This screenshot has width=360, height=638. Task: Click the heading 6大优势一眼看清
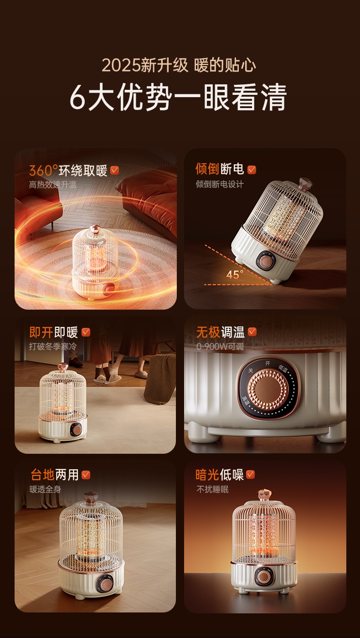coord(178,97)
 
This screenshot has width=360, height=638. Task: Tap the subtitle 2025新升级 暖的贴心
coord(179,65)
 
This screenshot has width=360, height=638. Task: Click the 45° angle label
coord(235,275)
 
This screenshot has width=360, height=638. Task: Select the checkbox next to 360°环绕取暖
coord(115,170)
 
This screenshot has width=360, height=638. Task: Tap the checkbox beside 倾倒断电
coord(252,170)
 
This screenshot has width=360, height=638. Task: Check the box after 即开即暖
coord(86,332)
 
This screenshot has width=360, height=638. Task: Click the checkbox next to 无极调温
coord(252,332)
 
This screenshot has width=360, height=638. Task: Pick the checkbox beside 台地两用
coord(86,475)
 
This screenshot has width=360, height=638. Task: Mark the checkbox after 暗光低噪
coord(251,475)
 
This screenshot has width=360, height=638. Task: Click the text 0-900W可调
coord(220,346)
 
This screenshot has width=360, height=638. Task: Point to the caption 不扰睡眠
coord(213,489)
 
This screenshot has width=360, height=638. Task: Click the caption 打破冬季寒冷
coord(53,346)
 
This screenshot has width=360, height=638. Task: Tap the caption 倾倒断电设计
coord(219,184)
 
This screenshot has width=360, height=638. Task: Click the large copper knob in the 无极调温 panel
coord(268,389)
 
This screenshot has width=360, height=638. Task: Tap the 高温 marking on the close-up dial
coord(245,399)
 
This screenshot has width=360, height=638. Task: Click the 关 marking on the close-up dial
coord(251,371)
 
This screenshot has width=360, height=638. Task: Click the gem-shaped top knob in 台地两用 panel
coord(91,498)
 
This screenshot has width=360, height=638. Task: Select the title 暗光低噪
coord(219,475)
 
